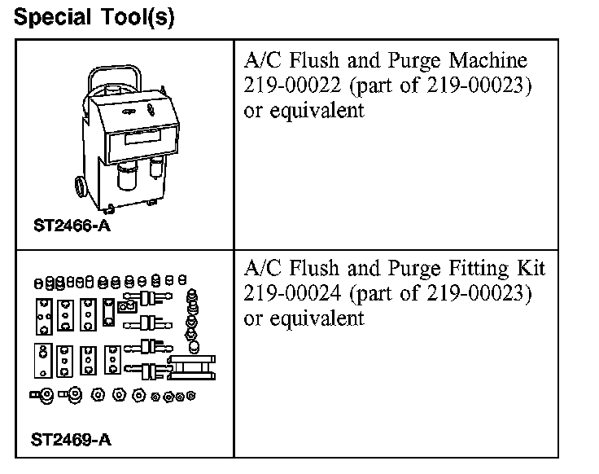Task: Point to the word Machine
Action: click(x=490, y=61)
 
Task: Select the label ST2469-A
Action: click(x=72, y=441)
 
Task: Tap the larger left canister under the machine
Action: click(x=127, y=176)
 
